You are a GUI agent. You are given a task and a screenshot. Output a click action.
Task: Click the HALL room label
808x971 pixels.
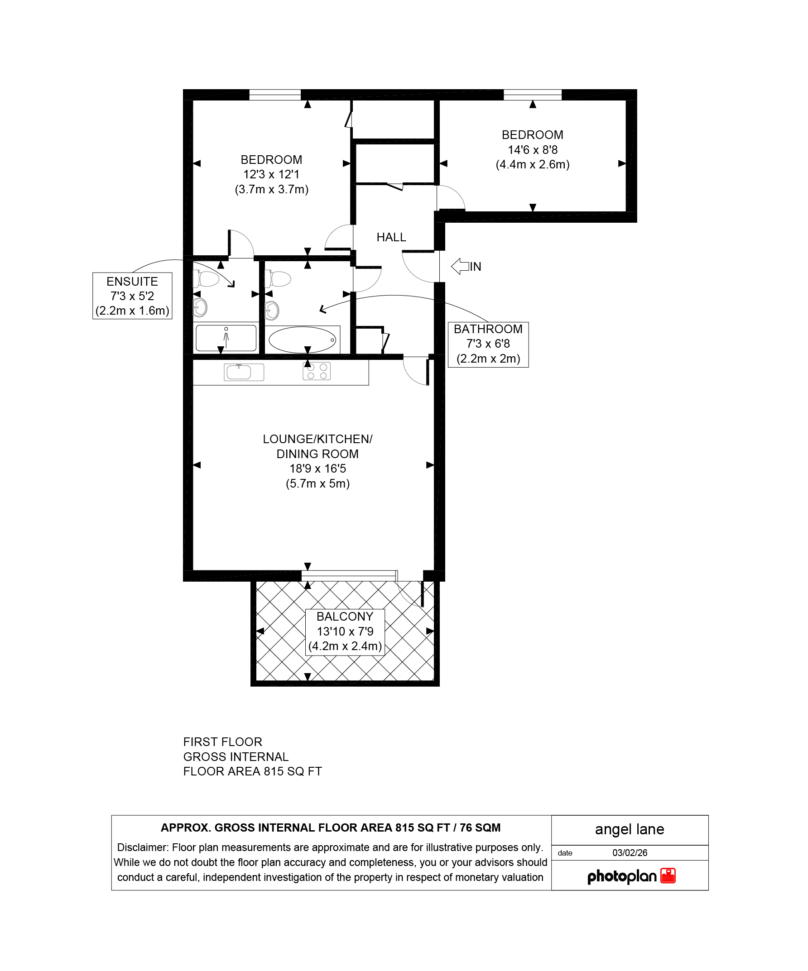point(391,237)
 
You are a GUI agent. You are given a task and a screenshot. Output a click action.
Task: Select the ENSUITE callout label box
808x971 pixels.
point(132,296)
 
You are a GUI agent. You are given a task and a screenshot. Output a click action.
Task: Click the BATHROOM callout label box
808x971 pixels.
point(488,344)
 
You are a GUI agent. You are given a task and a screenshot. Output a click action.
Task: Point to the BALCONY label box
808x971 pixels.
point(345,631)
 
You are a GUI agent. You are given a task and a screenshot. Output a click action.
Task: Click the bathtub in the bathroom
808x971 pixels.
point(303,340)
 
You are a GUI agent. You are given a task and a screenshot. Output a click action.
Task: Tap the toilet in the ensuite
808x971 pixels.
point(206,279)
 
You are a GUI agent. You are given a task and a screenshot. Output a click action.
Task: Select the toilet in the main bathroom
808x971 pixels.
point(278,279)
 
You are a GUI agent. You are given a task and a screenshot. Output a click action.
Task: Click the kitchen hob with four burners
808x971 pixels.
point(317,371)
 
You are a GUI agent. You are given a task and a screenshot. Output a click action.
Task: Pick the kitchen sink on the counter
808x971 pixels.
point(244,372)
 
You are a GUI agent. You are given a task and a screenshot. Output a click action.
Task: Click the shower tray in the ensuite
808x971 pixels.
point(226,339)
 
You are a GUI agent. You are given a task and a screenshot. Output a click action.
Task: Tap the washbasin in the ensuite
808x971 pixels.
point(200,307)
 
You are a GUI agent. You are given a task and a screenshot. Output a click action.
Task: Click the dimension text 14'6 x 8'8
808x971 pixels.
point(532,150)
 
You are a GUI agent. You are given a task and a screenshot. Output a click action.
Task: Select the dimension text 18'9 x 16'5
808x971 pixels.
point(318,469)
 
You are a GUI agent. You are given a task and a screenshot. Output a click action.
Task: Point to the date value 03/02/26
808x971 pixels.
point(630,853)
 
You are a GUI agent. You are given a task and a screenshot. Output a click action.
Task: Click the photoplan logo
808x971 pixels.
point(631,876)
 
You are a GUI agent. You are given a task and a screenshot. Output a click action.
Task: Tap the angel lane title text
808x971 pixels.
point(630,829)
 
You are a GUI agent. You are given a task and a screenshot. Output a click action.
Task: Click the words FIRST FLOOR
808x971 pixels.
point(222,742)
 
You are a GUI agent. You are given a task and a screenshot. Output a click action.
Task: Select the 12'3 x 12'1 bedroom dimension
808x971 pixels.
point(271,174)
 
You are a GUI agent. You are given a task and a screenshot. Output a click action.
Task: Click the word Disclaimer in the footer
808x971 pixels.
point(143,847)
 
